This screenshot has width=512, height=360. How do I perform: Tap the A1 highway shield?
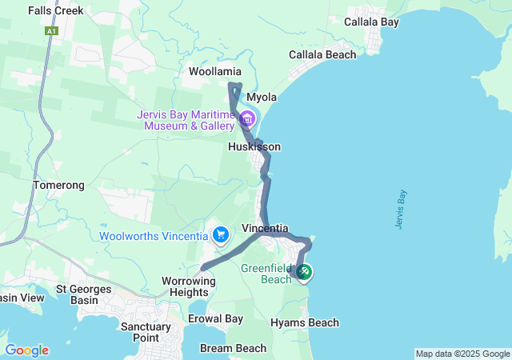tap(52, 30)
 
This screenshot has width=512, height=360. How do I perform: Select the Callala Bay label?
tap(371, 22)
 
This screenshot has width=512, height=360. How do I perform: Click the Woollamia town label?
tap(214, 72)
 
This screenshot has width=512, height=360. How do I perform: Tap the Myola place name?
tap(262, 98)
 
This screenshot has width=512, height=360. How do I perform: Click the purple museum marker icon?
tap(246, 120)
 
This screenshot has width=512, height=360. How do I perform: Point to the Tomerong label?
tap(58, 185)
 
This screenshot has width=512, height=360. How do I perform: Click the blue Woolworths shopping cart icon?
tap(220, 235)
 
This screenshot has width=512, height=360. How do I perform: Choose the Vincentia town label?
tap(265, 228)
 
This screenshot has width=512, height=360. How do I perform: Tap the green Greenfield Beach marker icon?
tap(304, 273)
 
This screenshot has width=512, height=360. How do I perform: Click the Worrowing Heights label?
tap(189, 287)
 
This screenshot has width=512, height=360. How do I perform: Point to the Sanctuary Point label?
tap(146, 332)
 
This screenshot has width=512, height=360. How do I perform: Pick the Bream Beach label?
tap(234, 348)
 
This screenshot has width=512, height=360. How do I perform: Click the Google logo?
tap(26, 350)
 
